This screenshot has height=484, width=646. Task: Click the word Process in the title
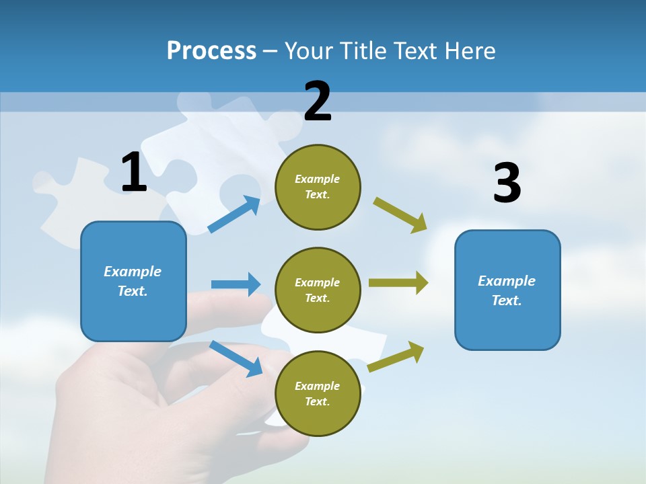tap(211, 50)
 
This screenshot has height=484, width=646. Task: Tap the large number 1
tap(134, 171)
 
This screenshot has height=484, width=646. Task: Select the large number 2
tap(317, 101)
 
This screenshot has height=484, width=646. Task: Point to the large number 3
tap(507, 182)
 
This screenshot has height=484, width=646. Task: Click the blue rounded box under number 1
tap(133, 282)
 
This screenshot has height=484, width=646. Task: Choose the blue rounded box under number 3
tap(507, 290)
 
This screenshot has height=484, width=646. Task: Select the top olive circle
tap(318, 187)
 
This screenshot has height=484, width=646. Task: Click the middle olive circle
tap(318, 290)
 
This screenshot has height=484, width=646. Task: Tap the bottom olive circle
tap(318, 393)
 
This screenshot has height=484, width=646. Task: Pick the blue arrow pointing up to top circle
tap(234, 214)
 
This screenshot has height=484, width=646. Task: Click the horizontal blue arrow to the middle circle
tap(236, 284)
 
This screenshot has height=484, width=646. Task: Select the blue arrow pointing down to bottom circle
tap(236, 359)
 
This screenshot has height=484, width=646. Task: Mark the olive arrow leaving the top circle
tap(400, 215)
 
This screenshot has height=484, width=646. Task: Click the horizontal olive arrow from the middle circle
tap(398, 283)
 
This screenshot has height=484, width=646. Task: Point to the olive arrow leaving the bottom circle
tap(396, 357)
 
